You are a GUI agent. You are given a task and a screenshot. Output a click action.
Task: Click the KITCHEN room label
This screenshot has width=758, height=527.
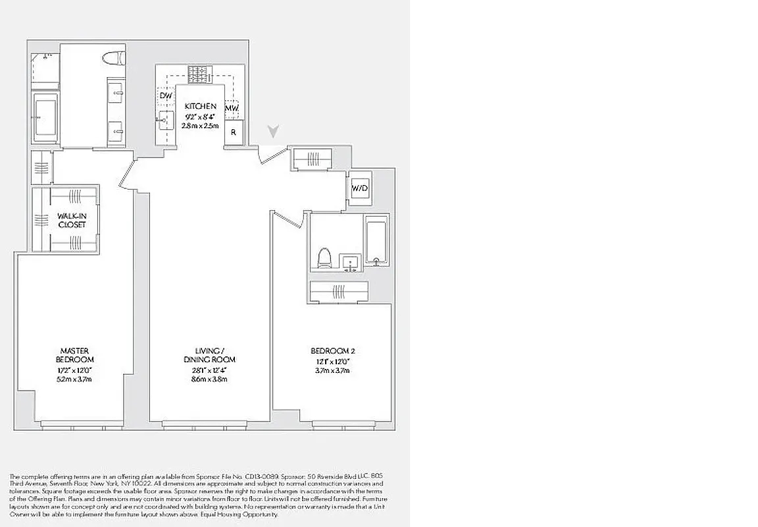tap(199, 106)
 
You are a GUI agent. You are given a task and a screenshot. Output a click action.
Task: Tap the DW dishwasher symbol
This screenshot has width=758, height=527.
tap(166, 97)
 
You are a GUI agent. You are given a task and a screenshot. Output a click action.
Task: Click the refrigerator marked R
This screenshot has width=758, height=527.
tap(233, 132)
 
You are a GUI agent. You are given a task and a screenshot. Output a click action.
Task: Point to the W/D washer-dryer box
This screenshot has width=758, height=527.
tap(360, 189)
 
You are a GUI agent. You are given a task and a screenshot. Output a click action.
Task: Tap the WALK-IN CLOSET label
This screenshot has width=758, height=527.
tap(71, 220)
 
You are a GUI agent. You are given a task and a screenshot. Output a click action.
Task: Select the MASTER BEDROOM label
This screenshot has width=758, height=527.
tap(74, 355)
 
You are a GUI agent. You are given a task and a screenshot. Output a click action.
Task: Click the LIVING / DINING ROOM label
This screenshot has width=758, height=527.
tap(209, 355)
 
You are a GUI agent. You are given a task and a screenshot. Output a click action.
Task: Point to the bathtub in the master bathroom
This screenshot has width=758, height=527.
tap(45, 117)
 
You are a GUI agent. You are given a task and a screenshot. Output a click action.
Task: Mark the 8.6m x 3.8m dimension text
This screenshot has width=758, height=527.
tap(209, 380)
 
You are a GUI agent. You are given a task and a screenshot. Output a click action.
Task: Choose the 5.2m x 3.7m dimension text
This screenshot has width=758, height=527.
tap(74, 380)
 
